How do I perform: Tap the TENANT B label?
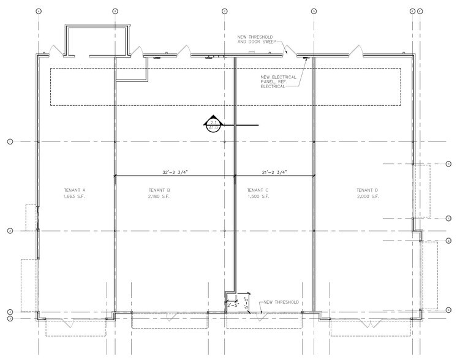158,190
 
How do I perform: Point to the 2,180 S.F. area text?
158,197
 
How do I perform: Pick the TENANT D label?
368,190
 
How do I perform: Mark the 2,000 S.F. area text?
368,197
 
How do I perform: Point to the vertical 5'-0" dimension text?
245,302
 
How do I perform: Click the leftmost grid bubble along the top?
39,11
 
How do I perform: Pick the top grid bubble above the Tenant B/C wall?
224,11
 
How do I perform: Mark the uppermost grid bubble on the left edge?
10,141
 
